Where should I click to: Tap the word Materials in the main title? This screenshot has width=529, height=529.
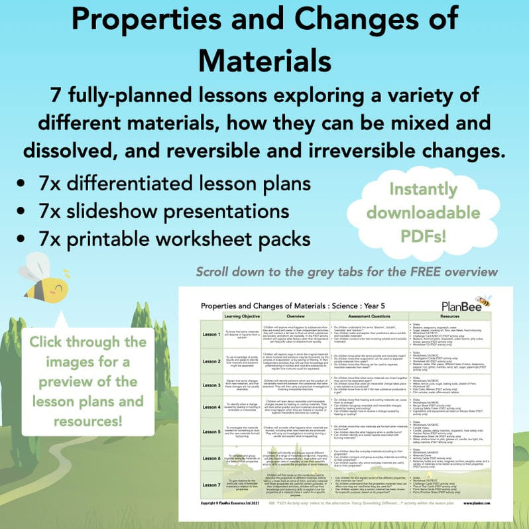[264, 62]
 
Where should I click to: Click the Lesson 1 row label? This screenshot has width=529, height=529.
[212, 334]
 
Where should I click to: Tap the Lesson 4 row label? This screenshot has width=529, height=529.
[212, 406]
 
